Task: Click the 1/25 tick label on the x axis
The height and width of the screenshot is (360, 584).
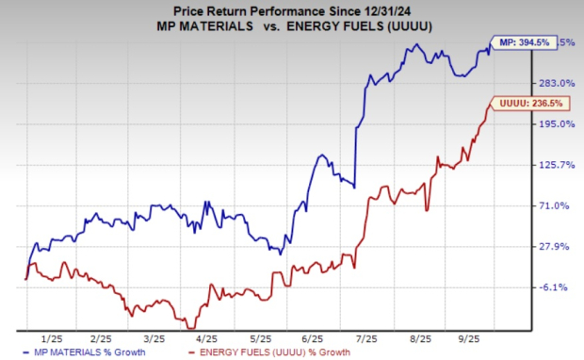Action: point(52,336)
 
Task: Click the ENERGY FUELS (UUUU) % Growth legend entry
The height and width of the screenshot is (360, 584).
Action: point(272,352)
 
